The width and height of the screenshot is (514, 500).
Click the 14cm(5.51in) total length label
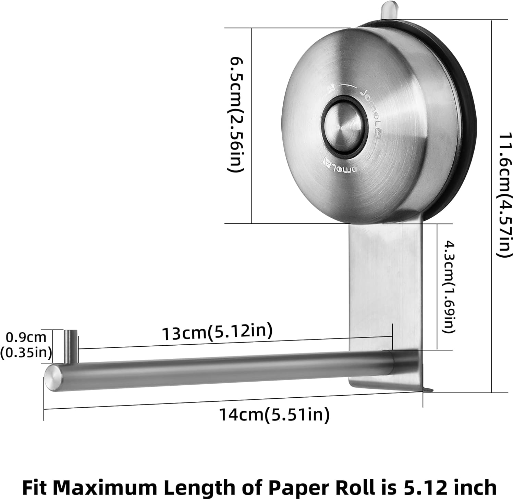(x=274, y=415)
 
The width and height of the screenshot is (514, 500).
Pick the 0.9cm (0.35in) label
(x=26, y=345)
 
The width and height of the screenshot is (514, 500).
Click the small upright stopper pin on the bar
(x=71, y=346)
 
